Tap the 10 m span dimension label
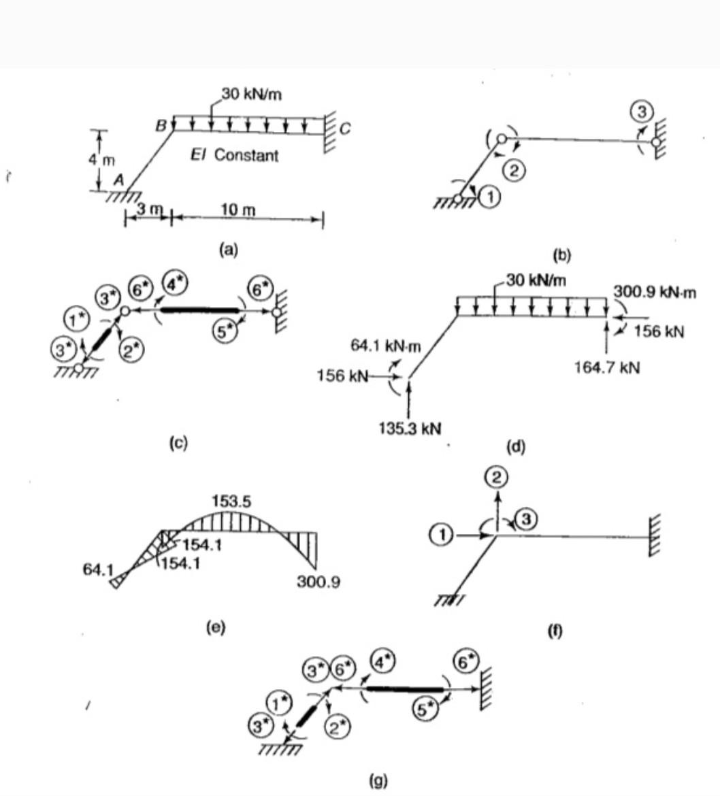(x=238, y=209)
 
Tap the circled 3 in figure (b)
(x=644, y=111)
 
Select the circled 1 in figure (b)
(x=490, y=197)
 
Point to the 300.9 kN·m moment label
(x=654, y=292)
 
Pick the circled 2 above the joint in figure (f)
(x=497, y=478)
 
